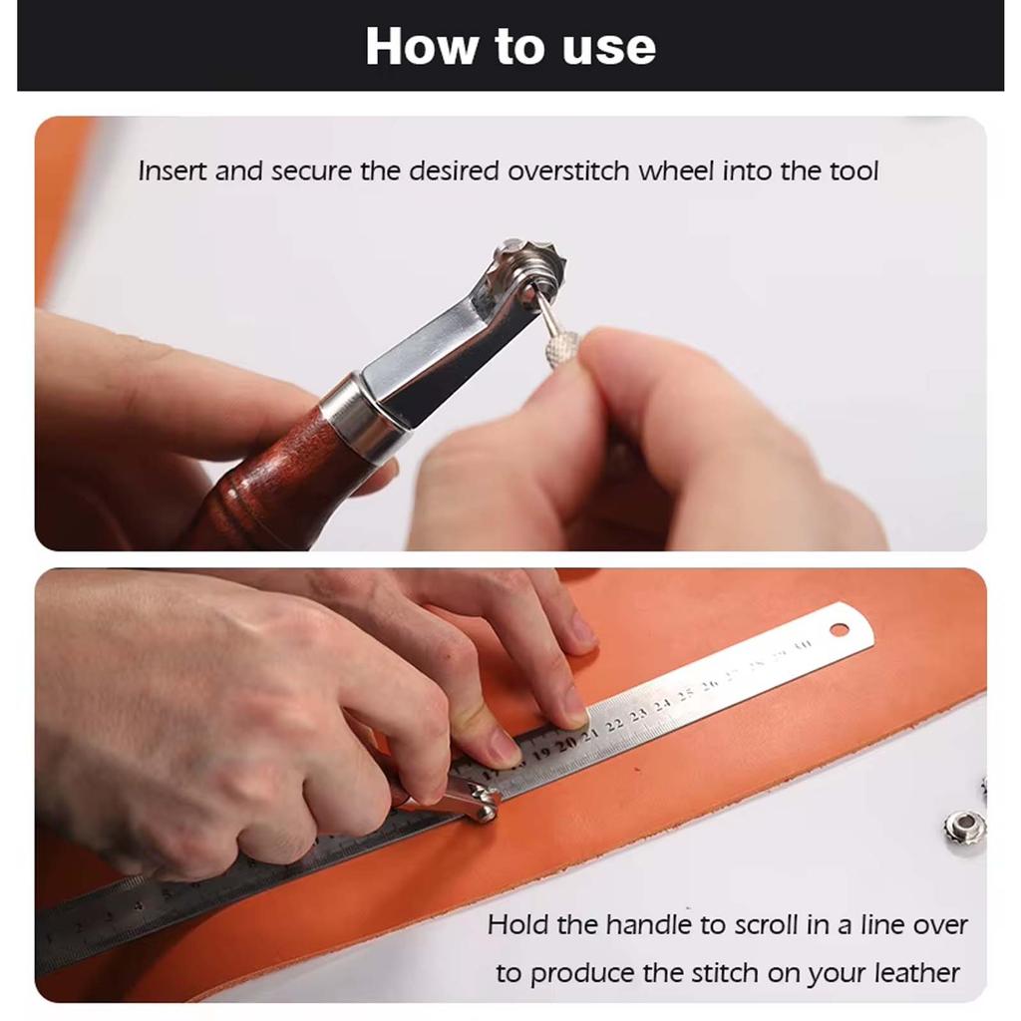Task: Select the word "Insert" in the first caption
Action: (x=172, y=170)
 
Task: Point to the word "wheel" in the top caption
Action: (x=675, y=170)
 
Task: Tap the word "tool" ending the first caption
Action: (x=853, y=170)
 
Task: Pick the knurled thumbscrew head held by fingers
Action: (x=563, y=348)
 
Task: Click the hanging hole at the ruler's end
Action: (x=839, y=630)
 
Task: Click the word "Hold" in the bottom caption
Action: (x=517, y=925)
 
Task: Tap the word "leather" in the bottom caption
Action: (x=916, y=973)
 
